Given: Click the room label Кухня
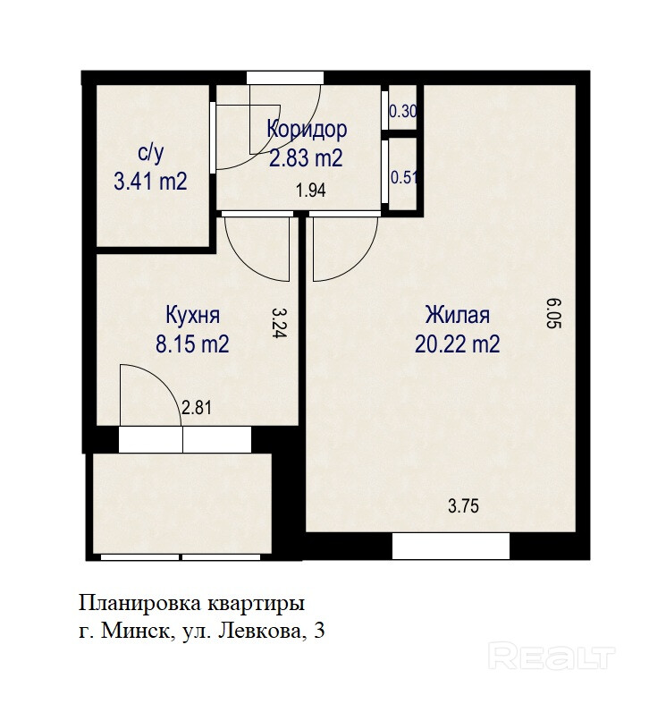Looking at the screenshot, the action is coord(193,315).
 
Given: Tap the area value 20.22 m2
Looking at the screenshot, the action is coord(458,344).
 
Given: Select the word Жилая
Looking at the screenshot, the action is coord(458,315).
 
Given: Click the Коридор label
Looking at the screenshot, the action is coord(307,130).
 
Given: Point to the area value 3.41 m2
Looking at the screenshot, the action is coord(150,182).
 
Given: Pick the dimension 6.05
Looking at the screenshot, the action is coord(555,313).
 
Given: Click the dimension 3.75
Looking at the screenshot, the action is coord(464,506).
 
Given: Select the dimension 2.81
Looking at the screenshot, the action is coord(197,408).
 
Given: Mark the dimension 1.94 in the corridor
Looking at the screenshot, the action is coord(310,191).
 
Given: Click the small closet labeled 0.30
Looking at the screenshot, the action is coord(403,110).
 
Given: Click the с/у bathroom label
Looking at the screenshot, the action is coord(150,153).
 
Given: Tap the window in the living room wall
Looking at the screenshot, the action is coord(451,546).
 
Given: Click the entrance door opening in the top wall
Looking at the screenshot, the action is coord(285,78).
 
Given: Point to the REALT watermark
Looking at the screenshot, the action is coord(552,657).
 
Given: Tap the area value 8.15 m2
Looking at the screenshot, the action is coord(192,344).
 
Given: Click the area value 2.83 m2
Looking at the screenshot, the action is coord(306,158).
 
